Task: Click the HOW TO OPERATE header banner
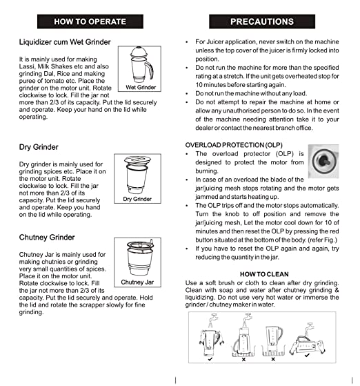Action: click(90, 21)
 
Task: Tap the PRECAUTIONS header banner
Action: click(262, 21)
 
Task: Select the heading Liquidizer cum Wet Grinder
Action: click(65, 42)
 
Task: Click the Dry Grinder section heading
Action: click(39, 147)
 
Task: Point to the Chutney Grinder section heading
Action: click(47, 238)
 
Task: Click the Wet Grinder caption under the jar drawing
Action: click(141, 87)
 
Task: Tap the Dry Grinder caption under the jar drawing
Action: click(137, 199)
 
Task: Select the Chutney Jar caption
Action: click(137, 282)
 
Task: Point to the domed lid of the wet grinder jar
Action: click(139, 52)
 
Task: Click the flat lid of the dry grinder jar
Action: click(137, 160)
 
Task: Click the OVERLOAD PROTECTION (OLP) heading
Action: click(234, 145)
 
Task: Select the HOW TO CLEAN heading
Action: click(264, 274)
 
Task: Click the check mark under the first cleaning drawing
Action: click(210, 359)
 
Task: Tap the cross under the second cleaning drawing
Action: click(243, 359)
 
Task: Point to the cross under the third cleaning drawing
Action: click(273, 359)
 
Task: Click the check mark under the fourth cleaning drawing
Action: click(307, 355)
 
